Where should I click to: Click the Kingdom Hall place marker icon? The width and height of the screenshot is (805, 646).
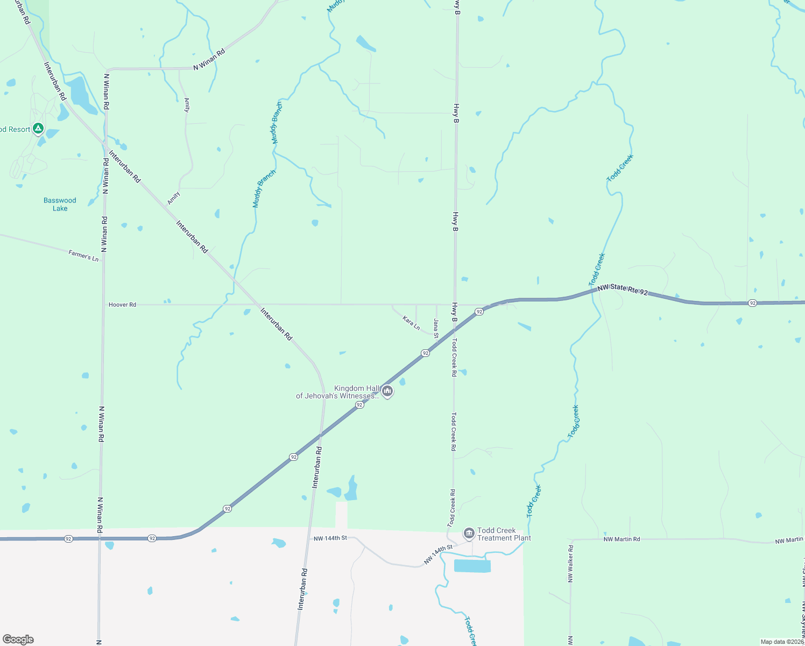coord(387,391)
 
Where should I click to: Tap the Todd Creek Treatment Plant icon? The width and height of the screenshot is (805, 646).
coord(469,533)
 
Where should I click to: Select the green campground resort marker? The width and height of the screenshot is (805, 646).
coord(38,129)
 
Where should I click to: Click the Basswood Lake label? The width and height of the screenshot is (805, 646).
coord(60,205)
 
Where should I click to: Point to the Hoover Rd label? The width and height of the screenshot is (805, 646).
coord(122,305)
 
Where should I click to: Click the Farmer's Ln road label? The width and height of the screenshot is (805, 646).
coord(83,255)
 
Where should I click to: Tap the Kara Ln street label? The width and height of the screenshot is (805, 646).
coord(411,322)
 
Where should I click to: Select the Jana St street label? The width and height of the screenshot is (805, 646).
coord(436,328)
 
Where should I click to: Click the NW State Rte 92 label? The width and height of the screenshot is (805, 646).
coord(622,290)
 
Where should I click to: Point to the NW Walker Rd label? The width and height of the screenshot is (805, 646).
coord(570,564)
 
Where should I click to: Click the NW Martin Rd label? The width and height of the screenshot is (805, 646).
coord(622,539)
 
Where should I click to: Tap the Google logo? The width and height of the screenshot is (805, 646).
coord(18,640)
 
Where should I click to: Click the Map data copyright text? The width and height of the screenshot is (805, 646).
coord(781,642)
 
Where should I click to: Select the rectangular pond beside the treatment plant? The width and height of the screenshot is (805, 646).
coord(472,566)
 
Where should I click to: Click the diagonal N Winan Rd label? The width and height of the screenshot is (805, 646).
coord(209,60)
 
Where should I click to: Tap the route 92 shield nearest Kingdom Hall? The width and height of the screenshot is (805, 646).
coord(359,405)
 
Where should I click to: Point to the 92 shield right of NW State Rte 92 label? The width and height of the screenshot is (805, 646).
coord(752,303)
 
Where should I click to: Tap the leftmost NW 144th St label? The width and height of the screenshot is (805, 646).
coord(330,538)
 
